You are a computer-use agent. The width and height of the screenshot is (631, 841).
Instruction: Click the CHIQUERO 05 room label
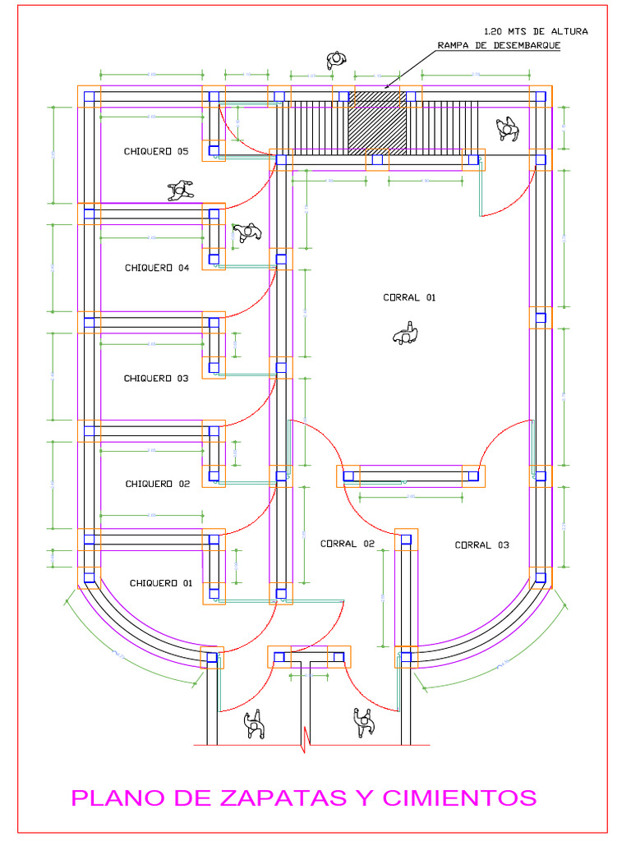[156, 151]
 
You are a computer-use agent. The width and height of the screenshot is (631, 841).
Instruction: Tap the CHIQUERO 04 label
[157, 268]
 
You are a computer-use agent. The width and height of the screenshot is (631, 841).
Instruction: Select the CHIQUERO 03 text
[156, 379]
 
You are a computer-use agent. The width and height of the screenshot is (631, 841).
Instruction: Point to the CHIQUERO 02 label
[157, 485]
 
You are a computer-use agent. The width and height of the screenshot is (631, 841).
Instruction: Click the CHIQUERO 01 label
[160, 583]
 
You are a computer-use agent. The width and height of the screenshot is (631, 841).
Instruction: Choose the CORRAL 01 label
[409, 298]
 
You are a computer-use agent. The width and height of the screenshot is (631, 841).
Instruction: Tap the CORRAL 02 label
[347, 544]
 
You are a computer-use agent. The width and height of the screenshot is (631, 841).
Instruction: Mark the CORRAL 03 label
[481, 545]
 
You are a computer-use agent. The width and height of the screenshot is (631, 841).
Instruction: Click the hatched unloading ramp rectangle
[377, 122]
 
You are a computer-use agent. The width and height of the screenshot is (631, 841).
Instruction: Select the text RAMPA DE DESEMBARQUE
[499, 46]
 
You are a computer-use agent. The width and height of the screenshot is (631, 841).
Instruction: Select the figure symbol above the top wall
[335, 60]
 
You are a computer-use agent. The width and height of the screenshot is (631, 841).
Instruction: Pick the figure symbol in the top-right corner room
[508, 128]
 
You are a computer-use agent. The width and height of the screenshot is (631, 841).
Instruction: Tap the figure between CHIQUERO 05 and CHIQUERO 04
[179, 191]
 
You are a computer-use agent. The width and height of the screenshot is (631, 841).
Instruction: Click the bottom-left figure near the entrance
[255, 724]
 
